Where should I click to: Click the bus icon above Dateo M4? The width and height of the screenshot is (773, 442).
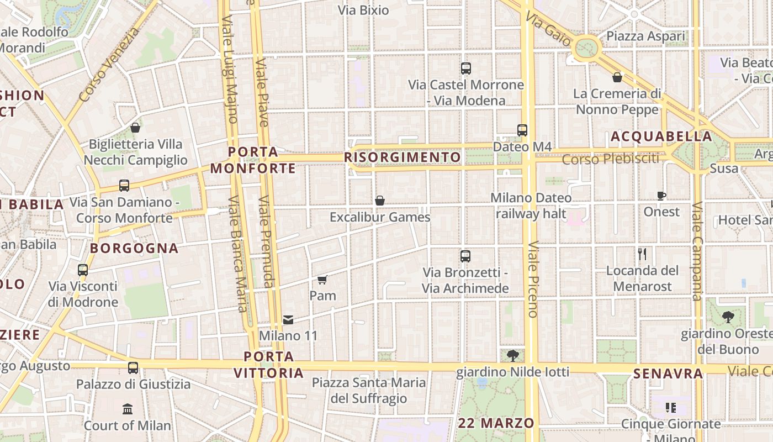click(522, 130)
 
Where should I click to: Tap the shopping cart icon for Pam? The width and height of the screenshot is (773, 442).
click(322, 280)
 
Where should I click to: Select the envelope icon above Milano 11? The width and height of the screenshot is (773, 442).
click(288, 319)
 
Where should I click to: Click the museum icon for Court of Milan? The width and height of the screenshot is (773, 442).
click(128, 409)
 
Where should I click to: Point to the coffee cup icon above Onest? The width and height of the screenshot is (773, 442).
click(661, 196)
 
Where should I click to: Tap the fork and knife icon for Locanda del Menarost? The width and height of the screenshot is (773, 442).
click(642, 254)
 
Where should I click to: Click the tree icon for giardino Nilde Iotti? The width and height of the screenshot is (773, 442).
click(513, 355)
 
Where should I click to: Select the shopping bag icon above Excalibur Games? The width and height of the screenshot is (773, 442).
click(380, 201)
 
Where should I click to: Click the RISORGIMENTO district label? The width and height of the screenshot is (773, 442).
click(403, 157)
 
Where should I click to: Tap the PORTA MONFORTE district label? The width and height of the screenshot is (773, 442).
click(253, 160)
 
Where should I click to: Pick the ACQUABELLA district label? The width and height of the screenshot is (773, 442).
click(661, 136)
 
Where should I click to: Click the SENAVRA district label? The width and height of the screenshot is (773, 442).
click(668, 374)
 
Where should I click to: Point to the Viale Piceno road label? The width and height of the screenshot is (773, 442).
click(533, 279)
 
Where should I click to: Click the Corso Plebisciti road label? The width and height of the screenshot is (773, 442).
click(611, 159)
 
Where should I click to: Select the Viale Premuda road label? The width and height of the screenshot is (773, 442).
click(266, 241)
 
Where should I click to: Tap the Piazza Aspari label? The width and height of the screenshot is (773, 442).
click(645, 36)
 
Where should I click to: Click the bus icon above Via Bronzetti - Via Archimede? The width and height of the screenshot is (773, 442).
click(465, 256)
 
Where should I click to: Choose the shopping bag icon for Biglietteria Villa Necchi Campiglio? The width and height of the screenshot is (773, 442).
click(135, 128)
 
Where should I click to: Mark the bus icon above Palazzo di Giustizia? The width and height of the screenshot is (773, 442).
click(133, 367)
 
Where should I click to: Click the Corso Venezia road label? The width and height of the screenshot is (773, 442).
click(110, 65)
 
